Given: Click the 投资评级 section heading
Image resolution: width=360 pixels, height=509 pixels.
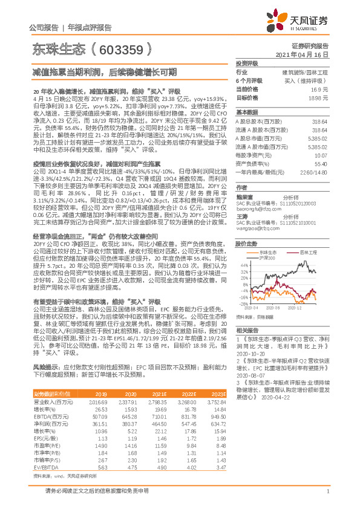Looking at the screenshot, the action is pyautogui.click(x=247, y=63).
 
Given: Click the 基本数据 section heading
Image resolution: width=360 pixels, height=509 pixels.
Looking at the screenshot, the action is pyautogui.click(x=247, y=112).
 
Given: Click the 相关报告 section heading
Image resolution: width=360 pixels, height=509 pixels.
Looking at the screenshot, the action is pyautogui.click(x=247, y=330).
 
